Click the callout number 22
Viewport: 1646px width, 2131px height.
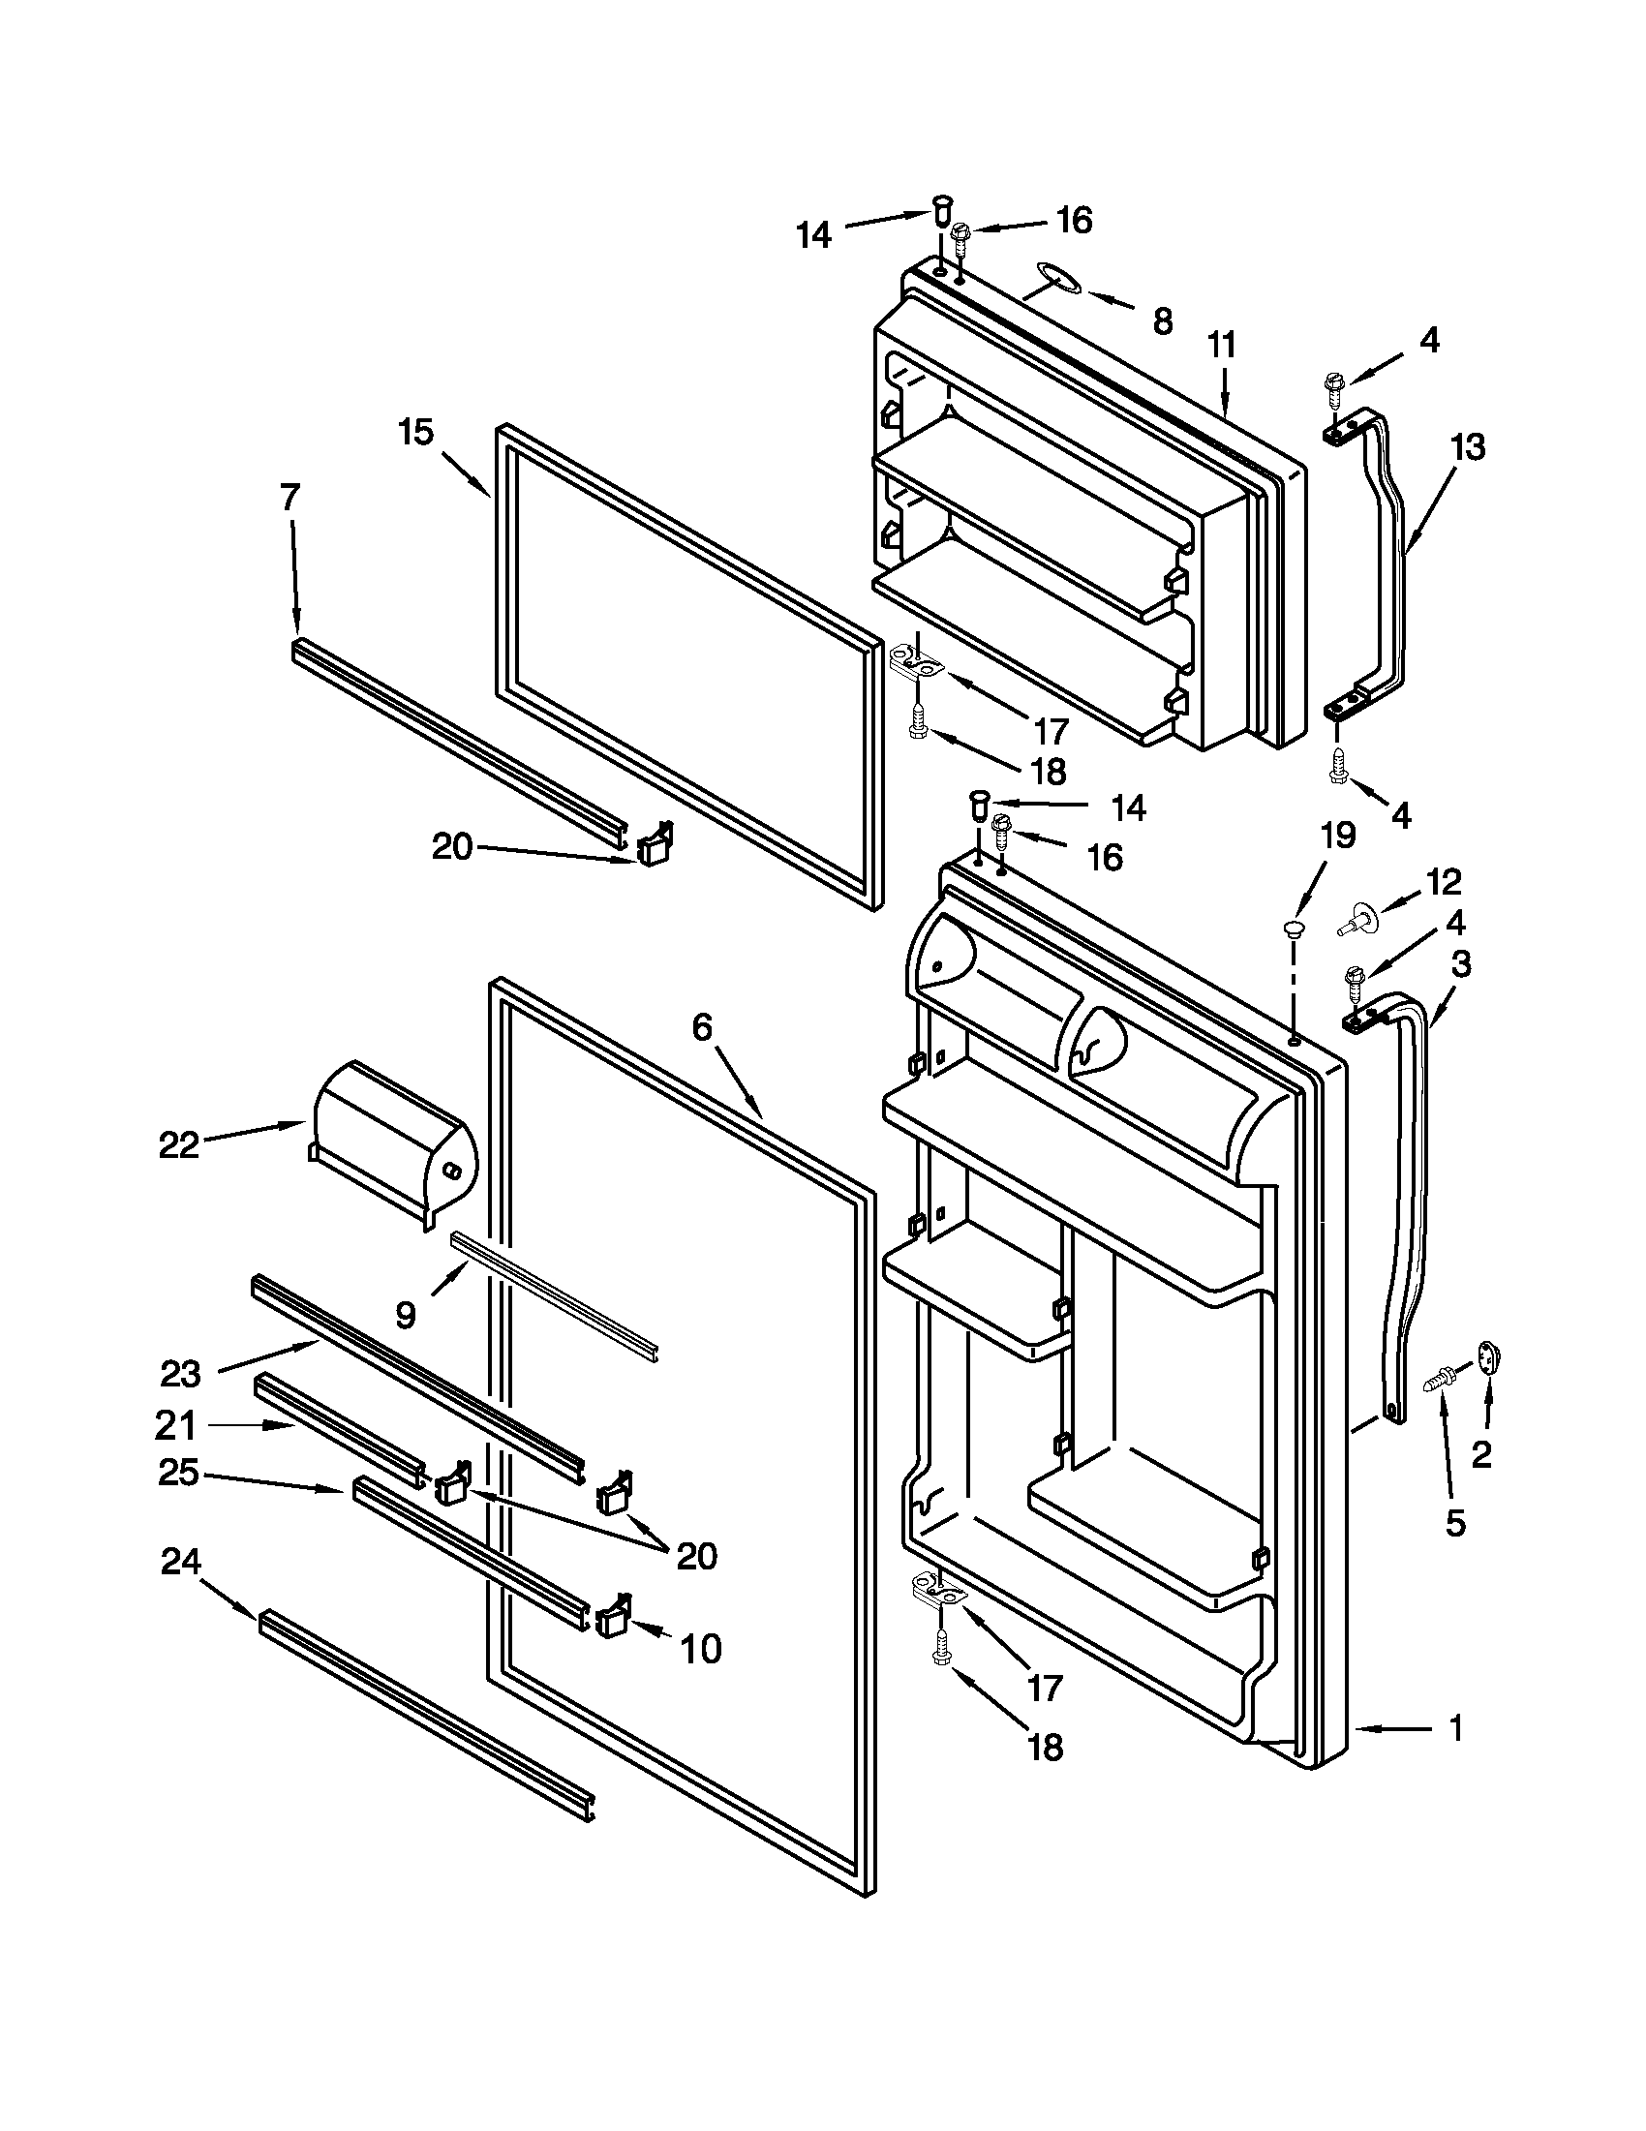click(178, 1144)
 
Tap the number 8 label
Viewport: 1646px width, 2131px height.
click(1162, 322)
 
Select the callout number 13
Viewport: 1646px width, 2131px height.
click(1467, 447)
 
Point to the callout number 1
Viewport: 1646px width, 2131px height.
click(1454, 1729)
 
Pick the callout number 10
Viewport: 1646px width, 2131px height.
click(700, 1649)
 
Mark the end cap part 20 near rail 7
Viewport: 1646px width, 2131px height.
click(653, 845)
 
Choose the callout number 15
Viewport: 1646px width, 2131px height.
click(415, 432)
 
